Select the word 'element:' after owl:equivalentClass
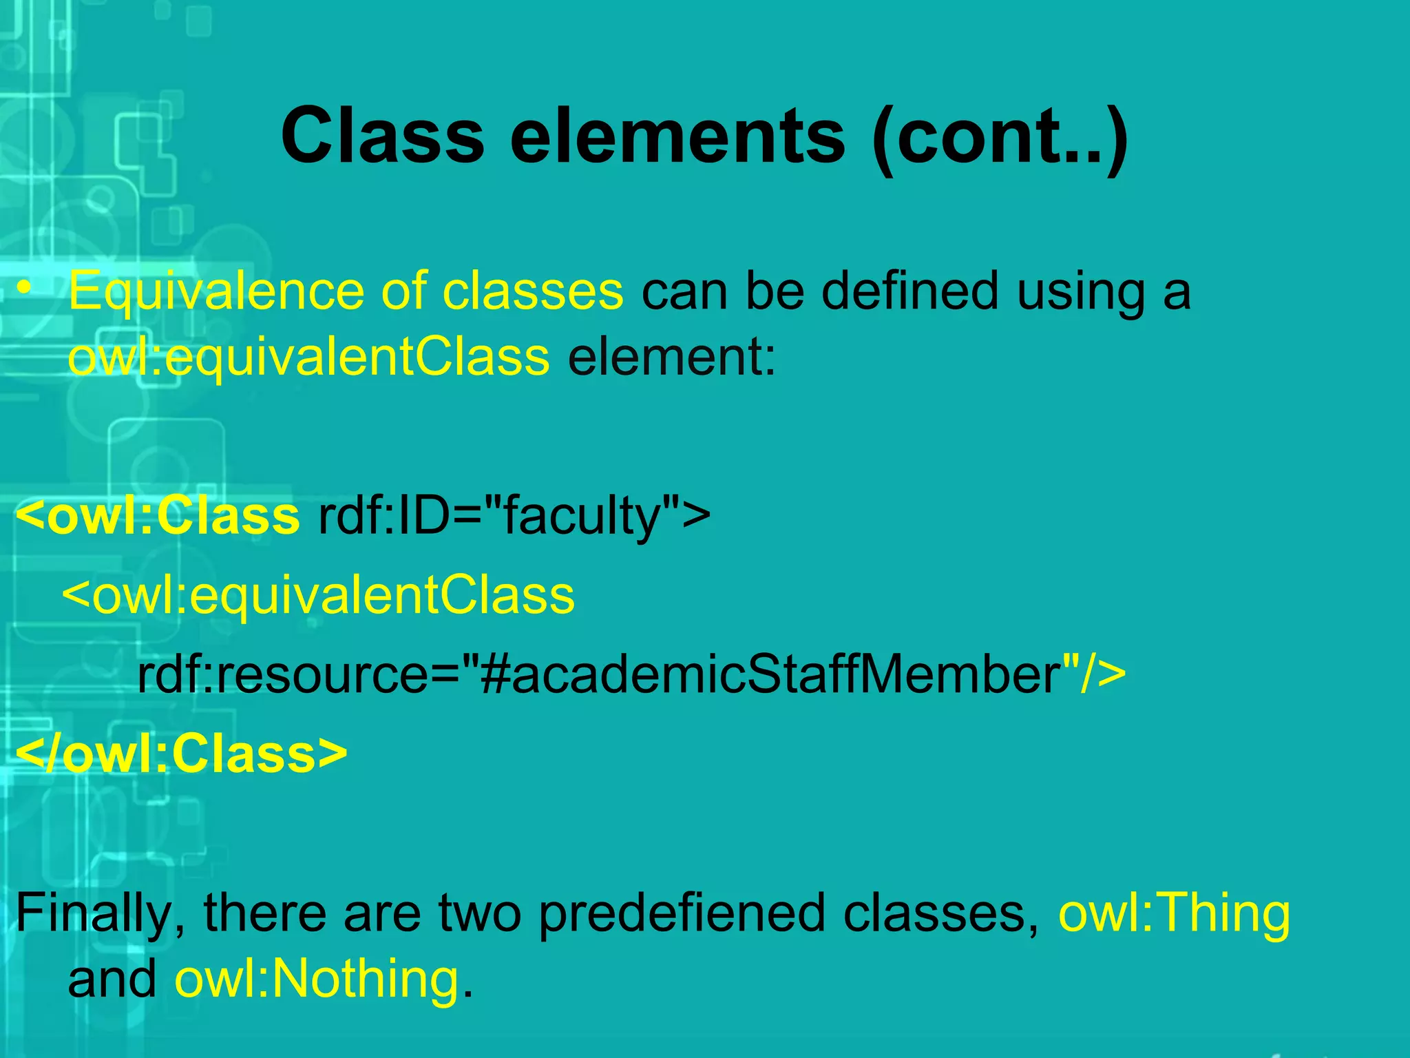pyautogui.click(x=672, y=358)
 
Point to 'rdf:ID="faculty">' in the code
pyautogui.click(x=514, y=516)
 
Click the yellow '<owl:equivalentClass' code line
pyautogui.click(x=319, y=596)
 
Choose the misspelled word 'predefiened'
pyautogui.click(x=682, y=913)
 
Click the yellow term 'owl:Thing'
pyautogui.click(x=1174, y=913)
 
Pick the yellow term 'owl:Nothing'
pyautogui.click(x=317, y=979)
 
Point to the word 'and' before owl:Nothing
pyautogui.click(x=112, y=979)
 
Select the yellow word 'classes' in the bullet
pyautogui.click(x=532, y=291)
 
